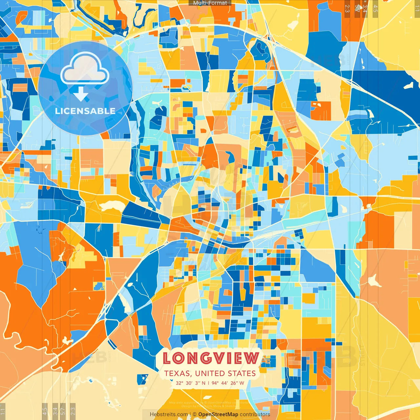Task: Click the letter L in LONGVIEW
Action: coord(167,358)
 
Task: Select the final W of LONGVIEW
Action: coord(252,358)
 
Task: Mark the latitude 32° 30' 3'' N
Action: coord(190,383)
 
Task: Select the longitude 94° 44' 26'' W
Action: coord(228,383)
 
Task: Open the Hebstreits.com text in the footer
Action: coord(169,414)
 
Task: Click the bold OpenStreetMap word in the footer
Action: coord(218,414)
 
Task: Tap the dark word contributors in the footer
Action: coord(255,414)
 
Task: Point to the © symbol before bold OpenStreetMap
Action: coord(195,414)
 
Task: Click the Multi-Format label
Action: coord(210,3)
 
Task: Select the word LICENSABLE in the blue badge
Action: coord(85,111)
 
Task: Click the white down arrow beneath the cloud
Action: coord(81,94)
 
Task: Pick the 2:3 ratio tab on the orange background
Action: coord(347,8)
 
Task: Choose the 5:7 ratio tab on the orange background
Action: coord(357,8)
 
